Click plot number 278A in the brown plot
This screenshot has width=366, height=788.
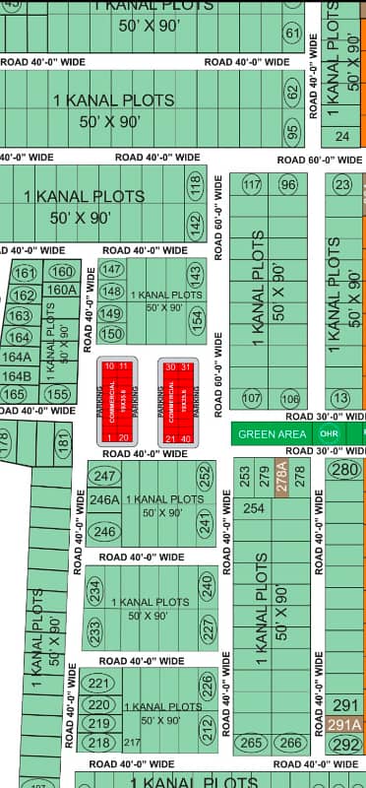(x=282, y=480)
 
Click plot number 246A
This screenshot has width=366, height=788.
(x=104, y=500)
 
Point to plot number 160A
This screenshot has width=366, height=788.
(x=61, y=290)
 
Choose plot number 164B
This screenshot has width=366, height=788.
(x=17, y=376)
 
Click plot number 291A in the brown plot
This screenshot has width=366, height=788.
(x=345, y=725)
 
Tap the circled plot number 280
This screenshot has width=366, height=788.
(x=344, y=470)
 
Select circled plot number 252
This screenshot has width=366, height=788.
(x=205, y=478)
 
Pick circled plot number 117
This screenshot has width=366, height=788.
(x=252, y=185)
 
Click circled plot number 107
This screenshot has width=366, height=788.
(x=252, y=398)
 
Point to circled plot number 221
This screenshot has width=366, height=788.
(x=99, y=683)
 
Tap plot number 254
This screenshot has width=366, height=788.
(x=254, y=508)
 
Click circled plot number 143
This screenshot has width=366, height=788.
(x=196, y=275)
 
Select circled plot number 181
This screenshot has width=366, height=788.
(x=64, y=444)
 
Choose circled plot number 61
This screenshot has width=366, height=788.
(x=292, y=33)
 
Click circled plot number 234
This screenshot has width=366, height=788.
(x=94, y=591)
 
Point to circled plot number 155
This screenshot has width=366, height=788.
(x=58, y=394)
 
